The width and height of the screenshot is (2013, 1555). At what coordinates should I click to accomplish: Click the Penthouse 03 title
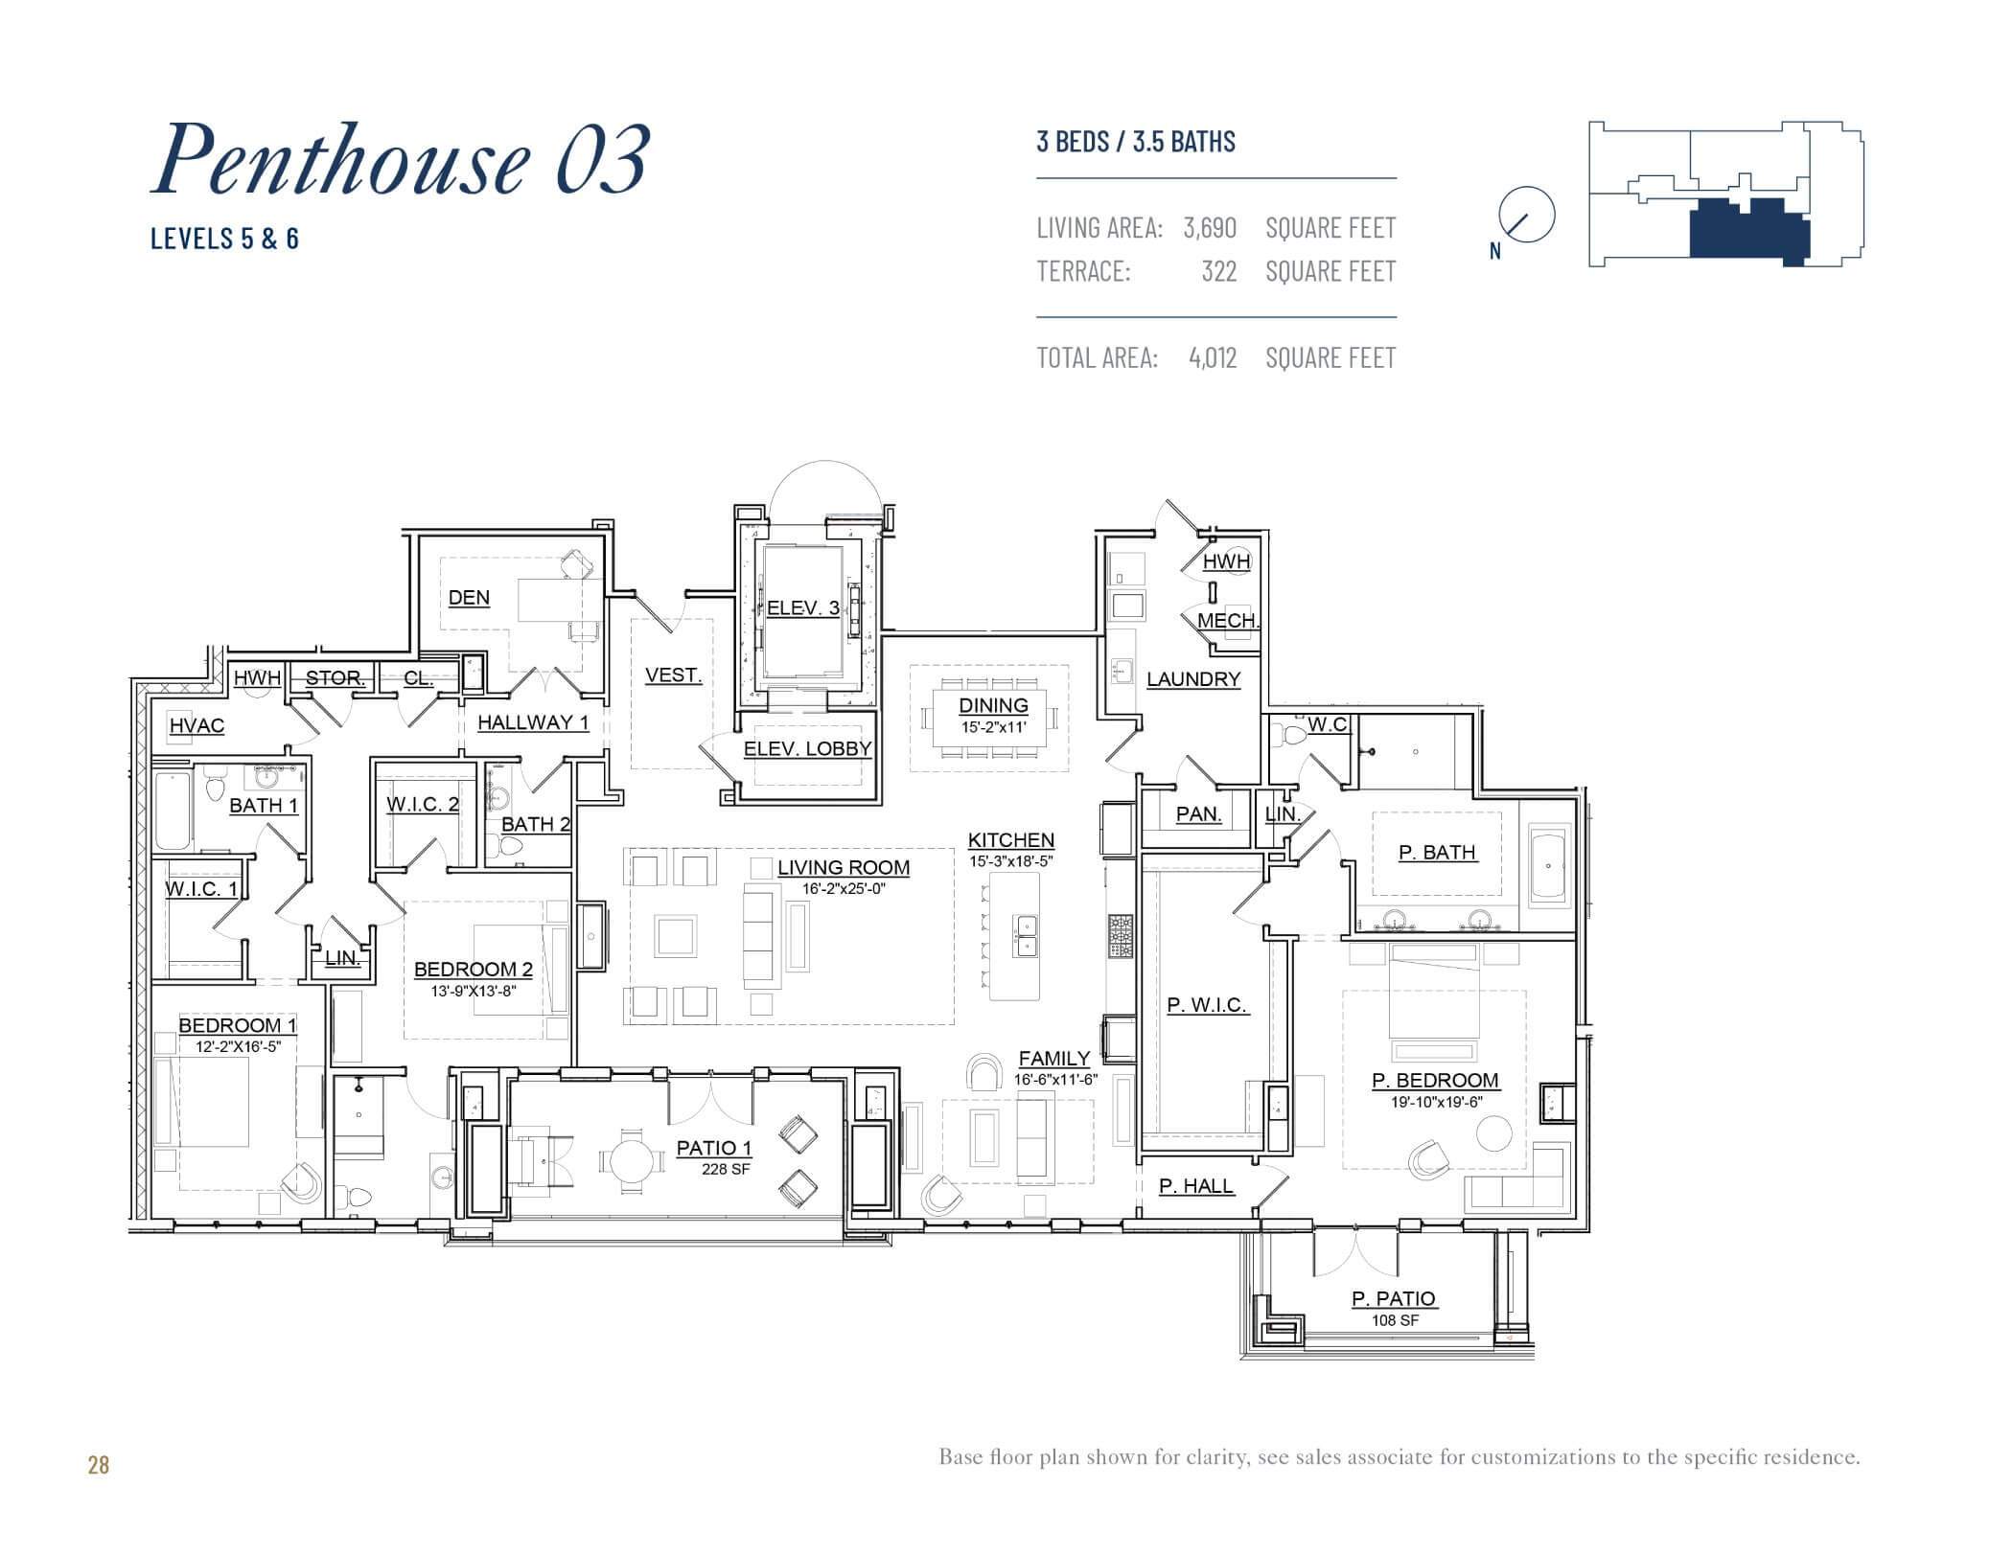[x=401, y=159]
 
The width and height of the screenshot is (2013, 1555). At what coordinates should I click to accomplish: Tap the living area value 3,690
[x=1210, y=228]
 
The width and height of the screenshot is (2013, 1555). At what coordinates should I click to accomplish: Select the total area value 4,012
[x=1213, y=358]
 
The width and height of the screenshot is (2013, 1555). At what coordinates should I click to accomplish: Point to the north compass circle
[x=1526, y=214]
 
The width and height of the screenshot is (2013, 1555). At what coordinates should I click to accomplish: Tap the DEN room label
[x=469, y=598]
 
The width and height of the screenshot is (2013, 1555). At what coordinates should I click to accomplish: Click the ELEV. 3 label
[x=803, y=607]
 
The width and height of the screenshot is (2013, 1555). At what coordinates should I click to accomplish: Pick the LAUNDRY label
[x=1193, y=679]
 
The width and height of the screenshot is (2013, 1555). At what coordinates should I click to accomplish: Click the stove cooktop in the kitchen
[x=1120, y=936]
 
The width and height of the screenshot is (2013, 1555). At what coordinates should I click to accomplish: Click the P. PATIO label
[x=1393, y=1299]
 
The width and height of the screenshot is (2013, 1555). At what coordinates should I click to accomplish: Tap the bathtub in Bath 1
[x=174, y=811]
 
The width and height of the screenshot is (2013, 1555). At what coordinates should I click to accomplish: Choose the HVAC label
[x=197, y=726]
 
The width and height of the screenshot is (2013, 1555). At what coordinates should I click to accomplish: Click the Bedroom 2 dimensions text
[x=473, y=992]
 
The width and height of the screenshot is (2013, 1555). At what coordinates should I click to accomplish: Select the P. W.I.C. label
[x=1206, y=1005]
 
